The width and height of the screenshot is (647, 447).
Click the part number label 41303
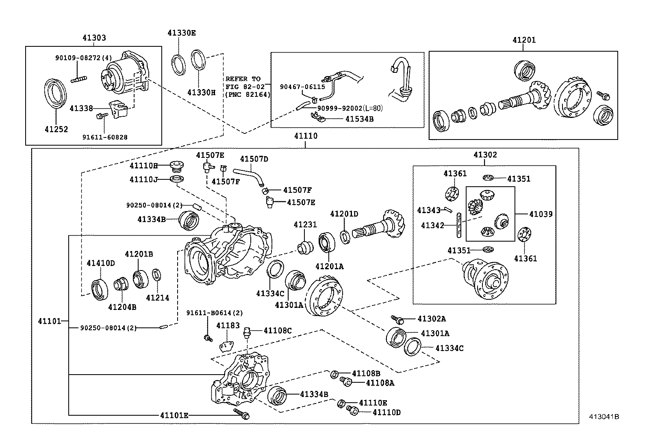94,38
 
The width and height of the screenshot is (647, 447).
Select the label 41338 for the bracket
81,108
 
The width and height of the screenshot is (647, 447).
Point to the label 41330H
201,92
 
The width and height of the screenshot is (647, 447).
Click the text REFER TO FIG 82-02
245,83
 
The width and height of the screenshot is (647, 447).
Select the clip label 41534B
359,119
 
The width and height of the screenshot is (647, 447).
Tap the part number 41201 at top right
524,40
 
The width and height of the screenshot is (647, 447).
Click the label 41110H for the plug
143,166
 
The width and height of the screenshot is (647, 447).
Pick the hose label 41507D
254,159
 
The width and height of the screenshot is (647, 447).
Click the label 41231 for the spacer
305,225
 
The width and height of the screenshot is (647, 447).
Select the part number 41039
541,214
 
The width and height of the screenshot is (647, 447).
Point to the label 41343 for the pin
429,210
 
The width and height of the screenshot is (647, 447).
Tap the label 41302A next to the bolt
432,319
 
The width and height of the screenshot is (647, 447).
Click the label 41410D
100,263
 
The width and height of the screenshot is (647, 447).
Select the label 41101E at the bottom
174,415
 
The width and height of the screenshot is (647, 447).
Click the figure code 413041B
605,416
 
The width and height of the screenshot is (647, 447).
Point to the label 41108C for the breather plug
278,331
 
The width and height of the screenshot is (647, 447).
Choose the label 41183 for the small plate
228,326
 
